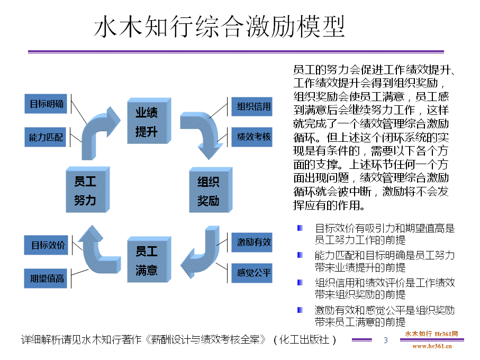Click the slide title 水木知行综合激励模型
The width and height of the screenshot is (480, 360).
click(219, 28)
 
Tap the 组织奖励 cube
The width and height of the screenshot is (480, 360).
click(210, 191)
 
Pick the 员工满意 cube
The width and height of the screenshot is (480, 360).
click(148, 260)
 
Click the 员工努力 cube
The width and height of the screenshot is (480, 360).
click(86, 191)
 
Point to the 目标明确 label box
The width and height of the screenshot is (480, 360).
click(47, 104)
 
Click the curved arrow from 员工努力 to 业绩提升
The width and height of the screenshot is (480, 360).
click(101, 130)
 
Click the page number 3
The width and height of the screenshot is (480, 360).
click(385, 340)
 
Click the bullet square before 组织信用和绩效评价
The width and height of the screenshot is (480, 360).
click(300, 283)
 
